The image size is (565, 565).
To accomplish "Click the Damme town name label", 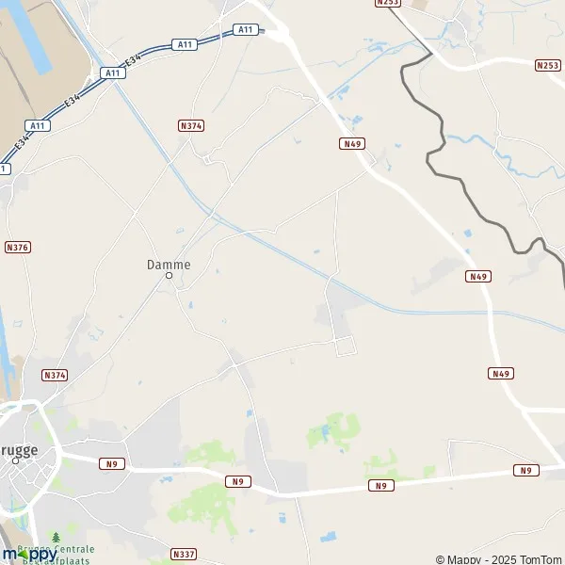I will (x=169, y=265).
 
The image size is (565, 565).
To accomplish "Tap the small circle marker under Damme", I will (x=169, y=276).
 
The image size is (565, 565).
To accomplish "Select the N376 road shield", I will (x=17, y=247).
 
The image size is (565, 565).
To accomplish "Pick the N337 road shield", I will (x=184, y=554).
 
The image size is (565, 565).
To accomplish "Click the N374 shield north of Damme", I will (x=191, y=125).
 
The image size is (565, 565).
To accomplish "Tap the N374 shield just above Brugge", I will (x=56, y=375).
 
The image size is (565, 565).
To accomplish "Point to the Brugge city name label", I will (x=19, y=450).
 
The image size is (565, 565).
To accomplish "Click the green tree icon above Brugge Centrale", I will (x=56, y=538).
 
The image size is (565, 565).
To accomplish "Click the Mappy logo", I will (x=28, y=554).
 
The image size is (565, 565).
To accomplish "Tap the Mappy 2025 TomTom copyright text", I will (x=496, y=558).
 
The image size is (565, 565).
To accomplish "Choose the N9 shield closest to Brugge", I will (x=113, y=463).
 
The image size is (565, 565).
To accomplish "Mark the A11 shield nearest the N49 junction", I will (x=245, y=30).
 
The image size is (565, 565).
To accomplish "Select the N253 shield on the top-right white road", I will (x=547, y=65).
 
